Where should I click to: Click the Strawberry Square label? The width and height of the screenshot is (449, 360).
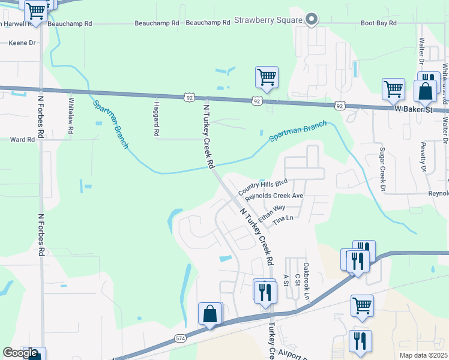(x=268, y=20)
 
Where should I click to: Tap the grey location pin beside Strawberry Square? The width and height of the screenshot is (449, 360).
(x=312, y=20)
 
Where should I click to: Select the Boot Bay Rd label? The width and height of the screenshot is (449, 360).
(x=378, y=23)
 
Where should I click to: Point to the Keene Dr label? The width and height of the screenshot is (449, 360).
(x=23, y=43)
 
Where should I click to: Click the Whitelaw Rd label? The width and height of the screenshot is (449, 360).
(x=71, y=115)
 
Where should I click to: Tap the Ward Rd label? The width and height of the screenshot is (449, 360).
(x=22, y=139)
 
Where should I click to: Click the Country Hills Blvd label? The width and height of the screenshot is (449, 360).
(x=263, y=187)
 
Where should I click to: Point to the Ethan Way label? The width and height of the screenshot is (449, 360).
(x=272, y=212)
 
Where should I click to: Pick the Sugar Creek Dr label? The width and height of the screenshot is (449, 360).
(x=382, y=170)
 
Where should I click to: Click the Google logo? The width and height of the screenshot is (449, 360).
(x=20, y=352)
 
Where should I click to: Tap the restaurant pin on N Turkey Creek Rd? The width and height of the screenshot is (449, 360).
(x=264, y=292)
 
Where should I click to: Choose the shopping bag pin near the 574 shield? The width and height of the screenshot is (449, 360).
(x=210, y=314)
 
